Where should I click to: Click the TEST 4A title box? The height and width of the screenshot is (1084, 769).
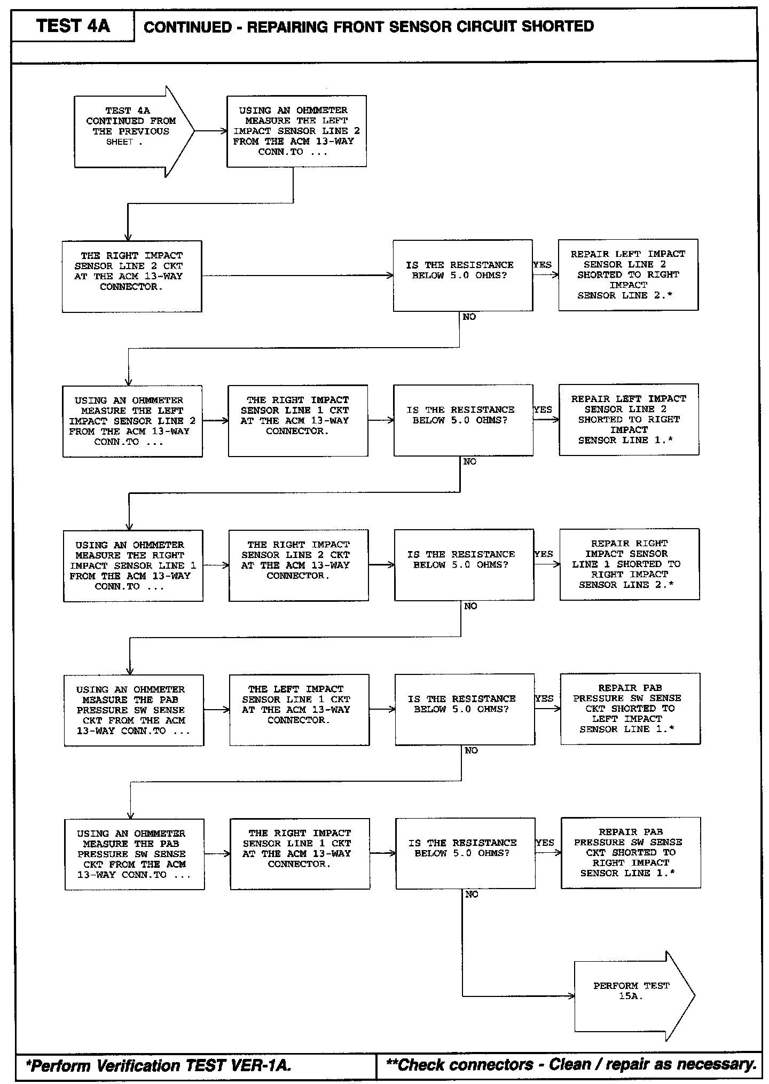(73, 26)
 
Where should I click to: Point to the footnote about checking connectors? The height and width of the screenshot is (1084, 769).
(571, 1064)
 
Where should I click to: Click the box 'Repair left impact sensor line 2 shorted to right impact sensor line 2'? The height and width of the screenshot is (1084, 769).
(628, 274)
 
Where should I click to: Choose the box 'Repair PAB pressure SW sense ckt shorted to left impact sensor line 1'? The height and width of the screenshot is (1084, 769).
(630, 709)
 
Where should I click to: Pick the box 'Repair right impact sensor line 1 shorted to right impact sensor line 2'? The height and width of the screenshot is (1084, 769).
(629, 564)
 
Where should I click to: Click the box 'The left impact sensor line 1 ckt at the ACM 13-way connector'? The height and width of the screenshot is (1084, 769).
(299, 710)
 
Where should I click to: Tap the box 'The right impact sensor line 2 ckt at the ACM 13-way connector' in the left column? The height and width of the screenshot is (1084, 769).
(132, 276)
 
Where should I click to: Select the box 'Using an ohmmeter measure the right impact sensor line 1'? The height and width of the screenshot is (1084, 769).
(133, 565)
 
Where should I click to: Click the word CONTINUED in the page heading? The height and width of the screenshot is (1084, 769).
(187, 27)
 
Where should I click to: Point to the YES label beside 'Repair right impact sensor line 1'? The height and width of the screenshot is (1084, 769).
(544, 554)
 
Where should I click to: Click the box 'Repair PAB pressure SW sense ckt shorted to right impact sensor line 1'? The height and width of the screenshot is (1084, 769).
(630, 853)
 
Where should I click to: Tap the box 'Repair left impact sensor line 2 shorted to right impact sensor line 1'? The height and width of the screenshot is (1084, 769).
(629, 419)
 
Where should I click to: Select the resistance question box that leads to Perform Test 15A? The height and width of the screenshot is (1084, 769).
(465, 853)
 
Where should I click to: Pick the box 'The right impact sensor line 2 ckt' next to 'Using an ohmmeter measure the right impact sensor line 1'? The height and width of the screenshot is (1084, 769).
(299, 565)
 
